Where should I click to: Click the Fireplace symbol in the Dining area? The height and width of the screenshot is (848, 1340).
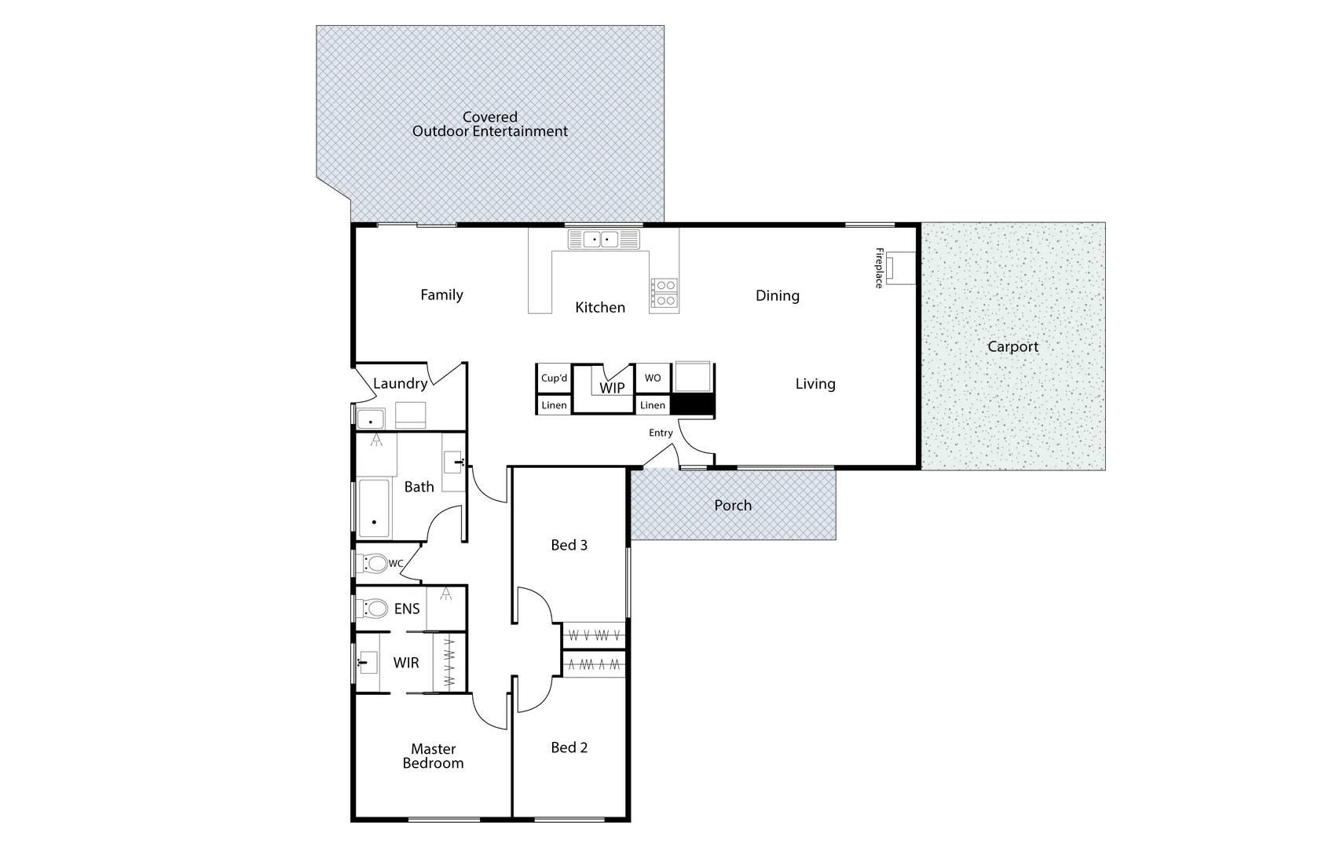click(x=900, y=268)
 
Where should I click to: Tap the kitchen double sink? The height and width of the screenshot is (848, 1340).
click(x=602, y=239)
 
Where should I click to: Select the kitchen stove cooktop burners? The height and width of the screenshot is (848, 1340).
click(x=665, y=293)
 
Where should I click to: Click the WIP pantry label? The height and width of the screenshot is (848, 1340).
click(x=612, y=388)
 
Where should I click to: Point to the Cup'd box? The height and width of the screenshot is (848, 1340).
click(x=554, y=378)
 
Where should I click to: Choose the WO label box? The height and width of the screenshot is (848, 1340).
click(x=653, y=378)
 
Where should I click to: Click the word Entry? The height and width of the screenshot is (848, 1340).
click(x=661, y=433)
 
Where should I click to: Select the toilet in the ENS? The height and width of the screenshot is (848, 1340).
click(x=374, y=609)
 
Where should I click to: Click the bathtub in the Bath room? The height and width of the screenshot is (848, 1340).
click(x=374, y=508)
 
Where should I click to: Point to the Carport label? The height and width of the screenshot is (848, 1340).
click(x=1012, y=346)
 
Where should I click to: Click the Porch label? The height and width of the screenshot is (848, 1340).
click(x=733, y=506)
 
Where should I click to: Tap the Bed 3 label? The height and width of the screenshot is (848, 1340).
click(x=569, y=545)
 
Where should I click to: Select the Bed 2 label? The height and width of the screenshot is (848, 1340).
click(x=569, y=747)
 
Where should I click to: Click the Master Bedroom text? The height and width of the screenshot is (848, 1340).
click(x=433, y=756)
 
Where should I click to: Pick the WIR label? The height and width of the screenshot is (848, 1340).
click(x=406, y=663)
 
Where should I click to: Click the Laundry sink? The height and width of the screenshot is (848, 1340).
click(x=370, y=419)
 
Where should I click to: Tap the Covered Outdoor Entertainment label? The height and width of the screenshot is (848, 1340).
click(x=489, y=124)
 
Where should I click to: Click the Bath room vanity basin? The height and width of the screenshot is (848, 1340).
click(x=454, y=462)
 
